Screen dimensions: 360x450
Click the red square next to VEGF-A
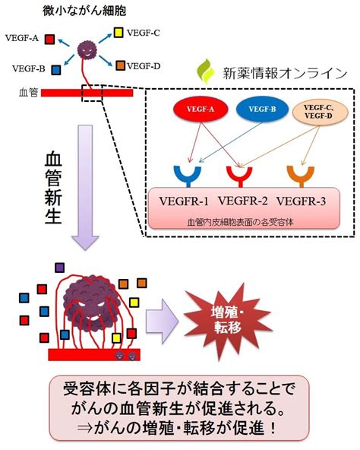[49, 39]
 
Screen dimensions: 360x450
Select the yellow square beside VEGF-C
[118, 33]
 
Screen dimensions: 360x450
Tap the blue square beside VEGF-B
[56, 70]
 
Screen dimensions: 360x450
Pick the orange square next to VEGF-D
[121, 65]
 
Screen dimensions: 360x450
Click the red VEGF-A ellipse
[201, 109]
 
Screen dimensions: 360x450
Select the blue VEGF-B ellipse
[263, 109]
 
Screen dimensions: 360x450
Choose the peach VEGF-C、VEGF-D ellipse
[319, 112]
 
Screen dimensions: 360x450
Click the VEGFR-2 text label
[243, 201]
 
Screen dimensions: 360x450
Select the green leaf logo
[207, 71]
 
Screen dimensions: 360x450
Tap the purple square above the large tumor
[60, 268]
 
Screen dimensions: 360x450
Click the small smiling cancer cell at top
[87, 50]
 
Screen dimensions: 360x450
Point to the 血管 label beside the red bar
[28, 93]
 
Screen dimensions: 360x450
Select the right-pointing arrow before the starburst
[162, 321]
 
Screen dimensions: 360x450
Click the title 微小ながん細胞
[84, 11]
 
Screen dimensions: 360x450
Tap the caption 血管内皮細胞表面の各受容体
[241, 222]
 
